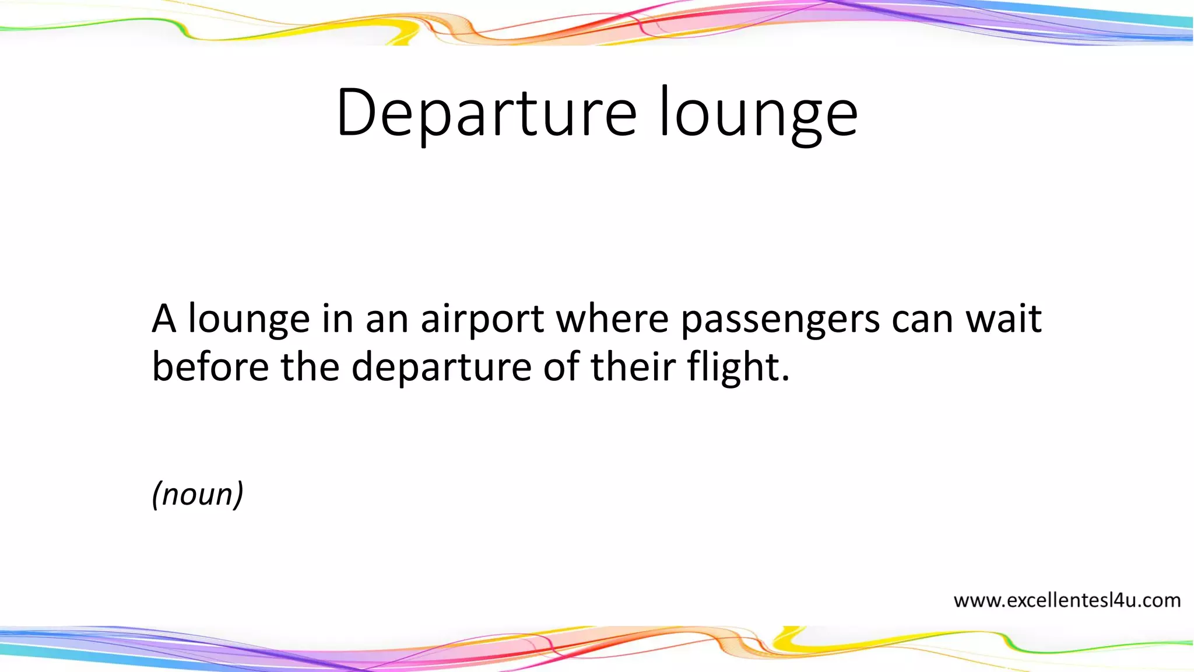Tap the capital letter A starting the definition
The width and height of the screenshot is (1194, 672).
tap(164, 319)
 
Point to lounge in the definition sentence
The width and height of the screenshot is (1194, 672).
tap(249, 319)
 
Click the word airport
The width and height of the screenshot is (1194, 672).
tap(482, 319)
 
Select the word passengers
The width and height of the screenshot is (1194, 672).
tap(780, 319)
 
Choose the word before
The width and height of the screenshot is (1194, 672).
tap(210, 367)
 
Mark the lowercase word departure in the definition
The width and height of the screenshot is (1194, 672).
tap(441, 367)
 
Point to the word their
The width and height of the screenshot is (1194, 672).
tap(633, 367)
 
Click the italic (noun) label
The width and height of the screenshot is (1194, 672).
tap(198, 494)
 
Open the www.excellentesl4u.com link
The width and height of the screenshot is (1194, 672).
tap(1067, 600)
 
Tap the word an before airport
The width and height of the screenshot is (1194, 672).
tap(387, 319)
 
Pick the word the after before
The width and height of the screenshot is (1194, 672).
tap(310, 367)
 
